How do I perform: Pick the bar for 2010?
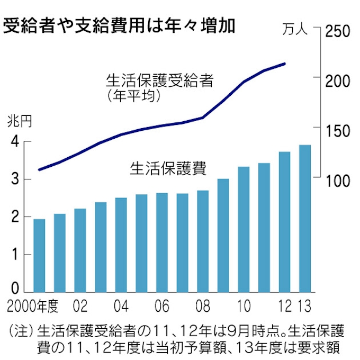(x=244, y=229)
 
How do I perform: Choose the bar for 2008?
(x=203, y=241)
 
